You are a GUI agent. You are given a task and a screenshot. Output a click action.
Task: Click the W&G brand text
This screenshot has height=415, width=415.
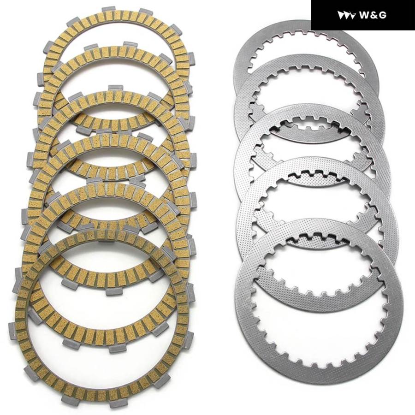click(x=373, y=15)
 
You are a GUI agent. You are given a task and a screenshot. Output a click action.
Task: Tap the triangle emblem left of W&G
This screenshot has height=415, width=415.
click(x=346, y=15)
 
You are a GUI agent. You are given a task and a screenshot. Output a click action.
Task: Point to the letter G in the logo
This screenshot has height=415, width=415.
click(x=382, y=15)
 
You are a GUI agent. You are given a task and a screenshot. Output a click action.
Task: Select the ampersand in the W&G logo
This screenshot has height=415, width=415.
click(x=373, y=15)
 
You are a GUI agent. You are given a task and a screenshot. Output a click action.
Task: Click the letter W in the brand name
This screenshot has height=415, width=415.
click(x=365, y=15)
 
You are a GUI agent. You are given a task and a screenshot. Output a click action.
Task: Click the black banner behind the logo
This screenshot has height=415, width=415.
click(x=363, y=15)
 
